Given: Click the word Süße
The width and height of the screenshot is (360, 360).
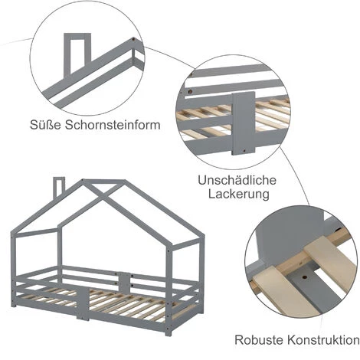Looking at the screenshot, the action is [x=45, y=125].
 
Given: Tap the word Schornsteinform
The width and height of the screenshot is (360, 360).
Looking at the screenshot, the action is [x=113, y=125].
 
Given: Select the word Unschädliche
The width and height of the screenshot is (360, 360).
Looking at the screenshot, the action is [x=237, y=180].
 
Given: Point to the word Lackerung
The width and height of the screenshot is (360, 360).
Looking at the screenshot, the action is [x=239, y=194].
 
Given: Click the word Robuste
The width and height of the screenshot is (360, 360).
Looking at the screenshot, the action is [x=259, y=340].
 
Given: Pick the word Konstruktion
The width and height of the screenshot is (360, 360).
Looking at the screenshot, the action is [x=323, y=340].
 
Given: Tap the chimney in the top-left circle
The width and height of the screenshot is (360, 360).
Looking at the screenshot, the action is [x=77, y=53].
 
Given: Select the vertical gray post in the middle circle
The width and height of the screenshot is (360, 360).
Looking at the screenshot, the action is [x=244, y=123].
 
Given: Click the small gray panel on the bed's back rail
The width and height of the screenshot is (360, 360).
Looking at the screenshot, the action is [x=124, y=283].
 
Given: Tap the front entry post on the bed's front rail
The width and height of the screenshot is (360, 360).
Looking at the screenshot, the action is [x=83, y=303].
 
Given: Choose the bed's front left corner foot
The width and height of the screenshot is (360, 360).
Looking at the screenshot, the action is [x=14, y=305].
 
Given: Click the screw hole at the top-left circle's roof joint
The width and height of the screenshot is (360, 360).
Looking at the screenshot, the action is [x=133, y=40].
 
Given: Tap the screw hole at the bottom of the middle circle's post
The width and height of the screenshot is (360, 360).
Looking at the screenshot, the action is [x=244, y=151].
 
